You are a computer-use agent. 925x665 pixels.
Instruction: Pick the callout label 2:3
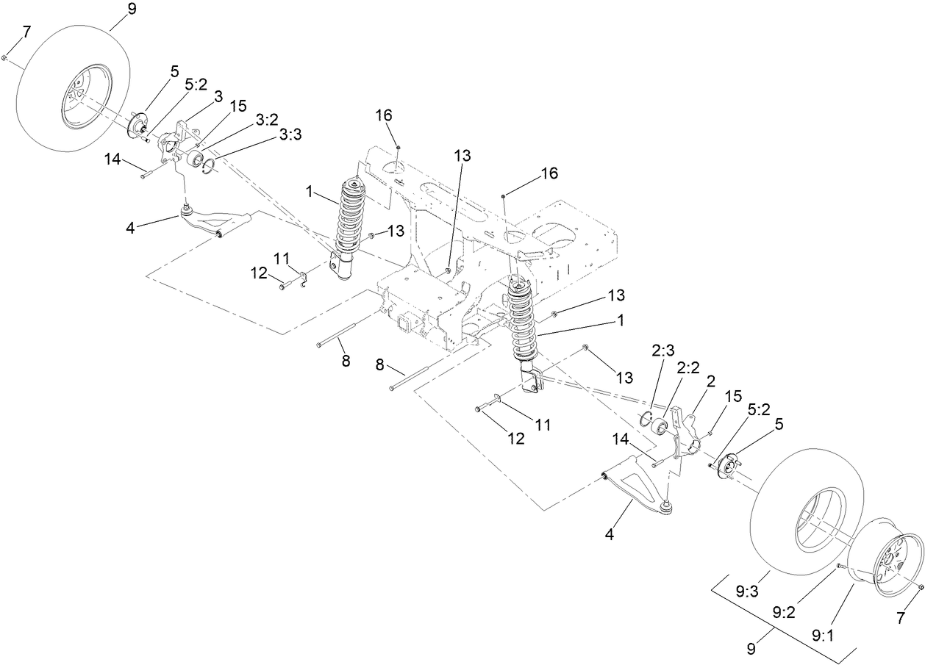[663, 351]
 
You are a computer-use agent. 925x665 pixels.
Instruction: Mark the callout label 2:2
[687, 369]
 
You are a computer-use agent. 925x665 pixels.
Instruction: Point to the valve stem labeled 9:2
[838, 565]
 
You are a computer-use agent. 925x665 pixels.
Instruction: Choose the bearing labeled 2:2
[660, 427]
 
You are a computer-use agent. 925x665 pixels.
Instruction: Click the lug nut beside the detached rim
[921, 586]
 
